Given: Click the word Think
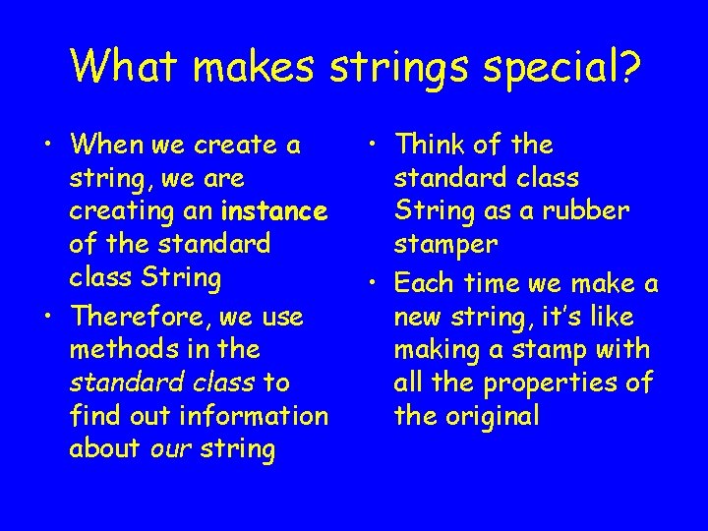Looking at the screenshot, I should [429, 145].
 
